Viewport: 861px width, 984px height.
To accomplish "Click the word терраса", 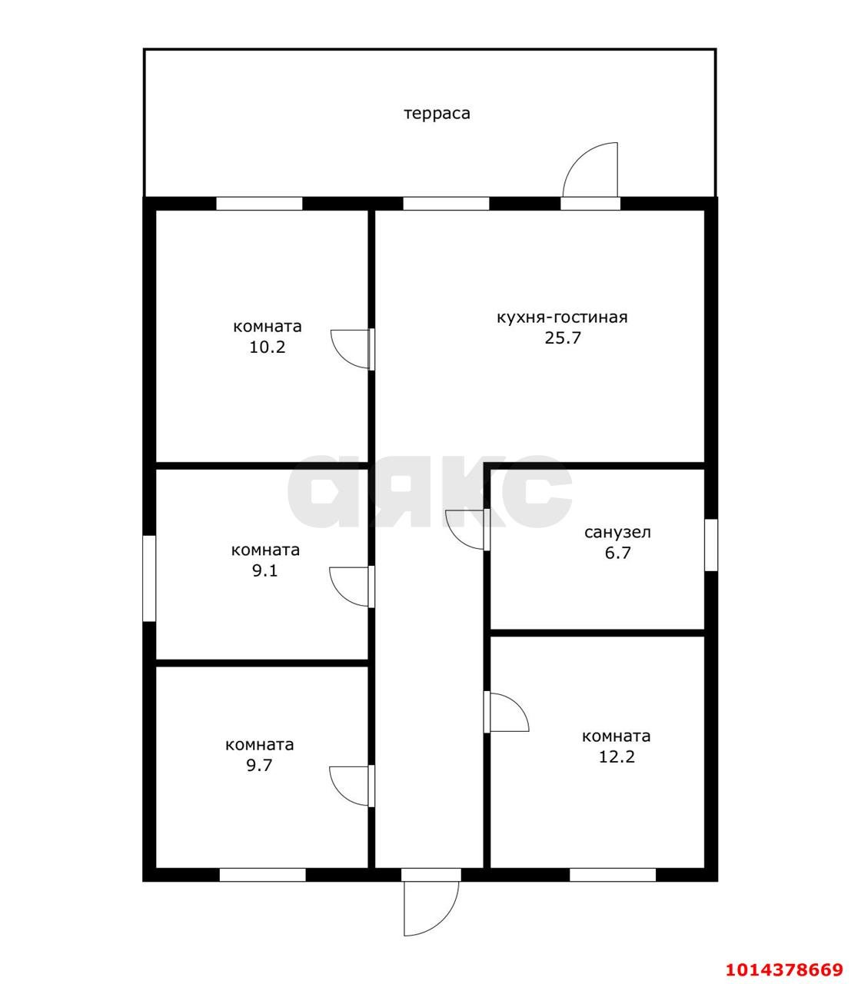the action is (x=437, y=114).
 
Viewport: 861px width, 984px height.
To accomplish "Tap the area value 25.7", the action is (x=563, y=337).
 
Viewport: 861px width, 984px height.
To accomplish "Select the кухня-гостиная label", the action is (x=562, y=317).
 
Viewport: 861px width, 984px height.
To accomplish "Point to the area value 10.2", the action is (x=268, y=347).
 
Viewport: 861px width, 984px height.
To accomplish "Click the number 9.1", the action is (x=265, y=570).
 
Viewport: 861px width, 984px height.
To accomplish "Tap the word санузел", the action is (x=617, y=533).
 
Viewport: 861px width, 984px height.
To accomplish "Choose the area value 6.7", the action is (x=617, y=553).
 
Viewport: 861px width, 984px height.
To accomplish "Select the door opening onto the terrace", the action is (x=590, y=170).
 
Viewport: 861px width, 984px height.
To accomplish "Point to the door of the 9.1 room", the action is (x=351, y=587).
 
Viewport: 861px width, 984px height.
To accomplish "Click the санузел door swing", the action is (x=467, y=530).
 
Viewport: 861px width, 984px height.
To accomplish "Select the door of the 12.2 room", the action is (x=507, y=711).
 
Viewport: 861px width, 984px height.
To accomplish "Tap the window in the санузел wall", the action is (x=711, y=545).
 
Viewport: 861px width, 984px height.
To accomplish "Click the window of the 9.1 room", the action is (x=150, y=578).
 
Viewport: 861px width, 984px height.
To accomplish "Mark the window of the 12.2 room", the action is (x=613, y=875).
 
